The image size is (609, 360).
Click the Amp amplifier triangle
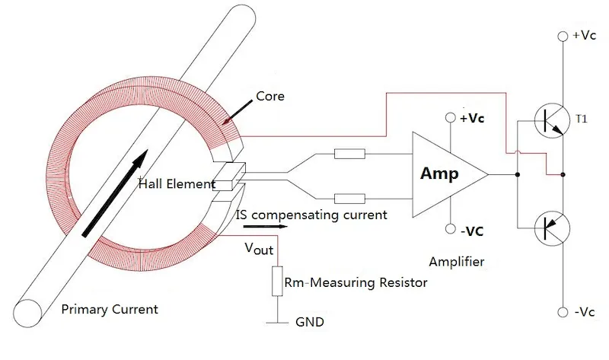tap(445, 174)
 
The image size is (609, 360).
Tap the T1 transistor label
tap(582, 119)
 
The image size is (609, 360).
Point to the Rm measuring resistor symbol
tap(277, 282)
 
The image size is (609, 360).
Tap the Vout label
tap(259, 249)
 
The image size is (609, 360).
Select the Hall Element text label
tap(174, 183)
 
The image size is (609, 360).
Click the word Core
tap(270, 97)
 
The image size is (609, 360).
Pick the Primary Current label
tap(110, 309)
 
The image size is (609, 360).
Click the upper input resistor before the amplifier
tap(349, 155)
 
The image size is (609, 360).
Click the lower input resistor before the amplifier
tap(349, 199)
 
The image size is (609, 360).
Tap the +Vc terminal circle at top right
tap(563, 36)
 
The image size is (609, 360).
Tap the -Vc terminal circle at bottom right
tap(563, 312)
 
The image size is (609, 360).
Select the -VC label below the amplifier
tap(475, 231)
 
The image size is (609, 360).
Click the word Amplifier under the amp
tap(457, 262)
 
